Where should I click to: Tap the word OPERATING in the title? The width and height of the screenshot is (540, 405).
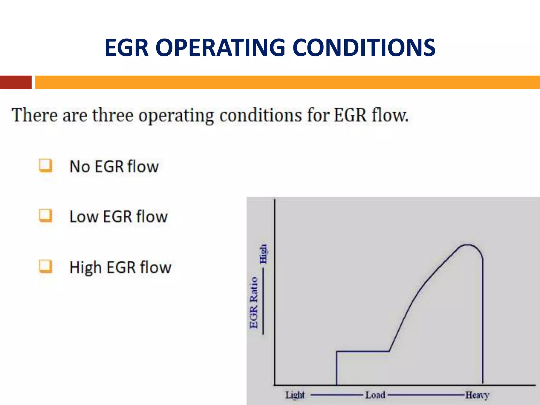[x=220, y=47]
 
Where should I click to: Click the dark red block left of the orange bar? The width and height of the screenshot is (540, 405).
[x=16, y=82]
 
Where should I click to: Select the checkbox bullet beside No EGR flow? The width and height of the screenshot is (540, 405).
[x=45, y=166]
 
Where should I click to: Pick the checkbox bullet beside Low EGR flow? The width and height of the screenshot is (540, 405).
[x=45, y=216]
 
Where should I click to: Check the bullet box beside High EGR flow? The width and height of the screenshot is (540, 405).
[x=45, y=266]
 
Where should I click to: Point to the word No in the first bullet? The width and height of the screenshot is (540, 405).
[x=80, y=167]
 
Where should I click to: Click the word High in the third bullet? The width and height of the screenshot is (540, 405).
[x=85, y=267]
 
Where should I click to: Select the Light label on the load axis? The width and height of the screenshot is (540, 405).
[x=295, y=395]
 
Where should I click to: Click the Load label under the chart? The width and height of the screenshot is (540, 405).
[x=375, y=395]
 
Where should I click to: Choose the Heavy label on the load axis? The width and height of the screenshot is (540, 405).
[x=477, y=395]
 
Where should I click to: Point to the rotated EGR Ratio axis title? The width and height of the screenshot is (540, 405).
[x=254, y=302]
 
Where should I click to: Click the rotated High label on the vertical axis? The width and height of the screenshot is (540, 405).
[x=263, y=254]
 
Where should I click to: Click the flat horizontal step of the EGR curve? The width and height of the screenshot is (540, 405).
[x=363, y=351]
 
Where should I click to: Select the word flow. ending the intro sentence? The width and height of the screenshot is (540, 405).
[x=390, y=115]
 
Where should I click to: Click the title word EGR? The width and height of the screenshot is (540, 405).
[x=127, y=47]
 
